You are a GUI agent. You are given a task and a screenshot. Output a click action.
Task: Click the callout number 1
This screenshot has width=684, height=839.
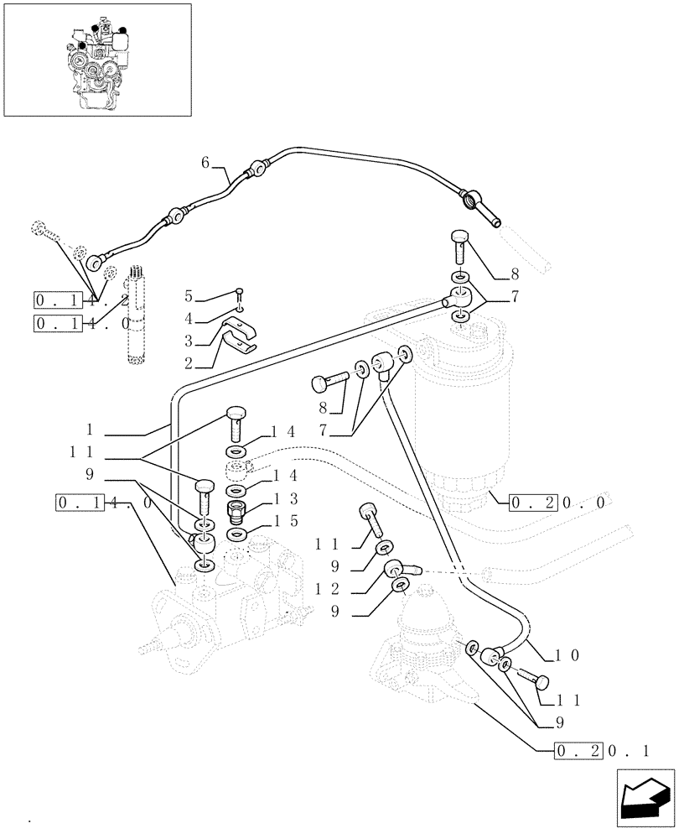click(x=88, y=435)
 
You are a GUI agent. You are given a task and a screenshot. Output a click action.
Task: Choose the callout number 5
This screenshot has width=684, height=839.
click(x=189, y=296)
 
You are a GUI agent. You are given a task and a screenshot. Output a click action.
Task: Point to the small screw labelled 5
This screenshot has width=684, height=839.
click(x=240, y=293)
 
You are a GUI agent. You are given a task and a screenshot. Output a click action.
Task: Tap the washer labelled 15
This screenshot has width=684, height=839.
click(x=236, y=533)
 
